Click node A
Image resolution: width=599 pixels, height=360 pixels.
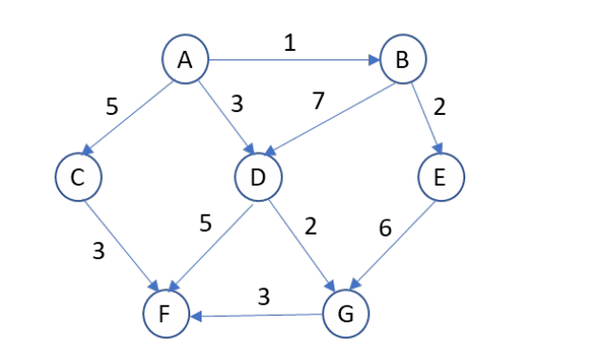(x=185, y=59)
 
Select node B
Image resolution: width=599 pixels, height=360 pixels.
(x=403, y=61)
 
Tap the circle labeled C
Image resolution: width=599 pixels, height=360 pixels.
(x=78, y=176)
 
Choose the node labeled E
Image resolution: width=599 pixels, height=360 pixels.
(x=441, y=176)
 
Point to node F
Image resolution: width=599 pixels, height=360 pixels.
(x=167, y=314)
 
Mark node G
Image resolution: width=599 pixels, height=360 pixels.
(x=346, y=312)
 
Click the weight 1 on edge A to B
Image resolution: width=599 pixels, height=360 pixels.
(x=290, y=43)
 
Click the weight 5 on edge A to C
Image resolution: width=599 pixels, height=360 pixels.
(x=111, y=106)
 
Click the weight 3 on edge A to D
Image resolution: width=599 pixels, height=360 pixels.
(x=236, y=103)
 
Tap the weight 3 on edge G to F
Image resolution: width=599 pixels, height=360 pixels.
(x=265, y=295)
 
